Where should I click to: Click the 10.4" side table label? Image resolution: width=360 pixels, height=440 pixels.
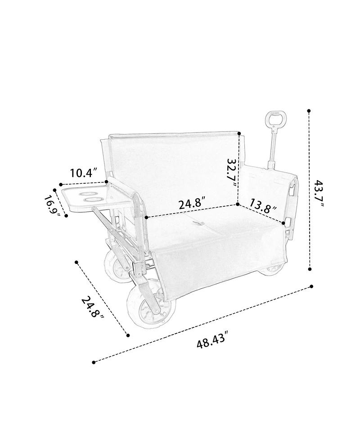84,172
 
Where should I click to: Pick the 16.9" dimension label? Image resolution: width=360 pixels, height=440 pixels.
53,206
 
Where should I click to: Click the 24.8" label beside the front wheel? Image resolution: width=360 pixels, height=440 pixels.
93,308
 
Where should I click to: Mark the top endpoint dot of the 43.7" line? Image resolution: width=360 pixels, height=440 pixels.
309,110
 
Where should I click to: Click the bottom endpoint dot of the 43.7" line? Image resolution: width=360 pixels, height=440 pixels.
310,269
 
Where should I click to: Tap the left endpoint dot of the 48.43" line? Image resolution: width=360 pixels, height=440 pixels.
94,362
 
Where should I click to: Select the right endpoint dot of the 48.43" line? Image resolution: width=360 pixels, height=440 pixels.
311,286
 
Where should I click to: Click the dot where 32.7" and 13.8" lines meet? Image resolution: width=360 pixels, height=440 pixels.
238,204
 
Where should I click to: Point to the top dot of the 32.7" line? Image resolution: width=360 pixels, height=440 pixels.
239,133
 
